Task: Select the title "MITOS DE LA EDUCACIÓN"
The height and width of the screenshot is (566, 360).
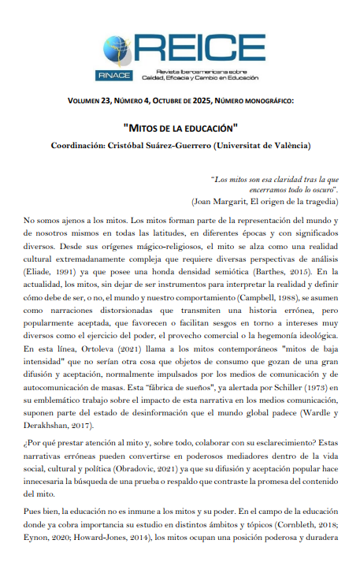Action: pyautogui.click(x=180, y=126)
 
